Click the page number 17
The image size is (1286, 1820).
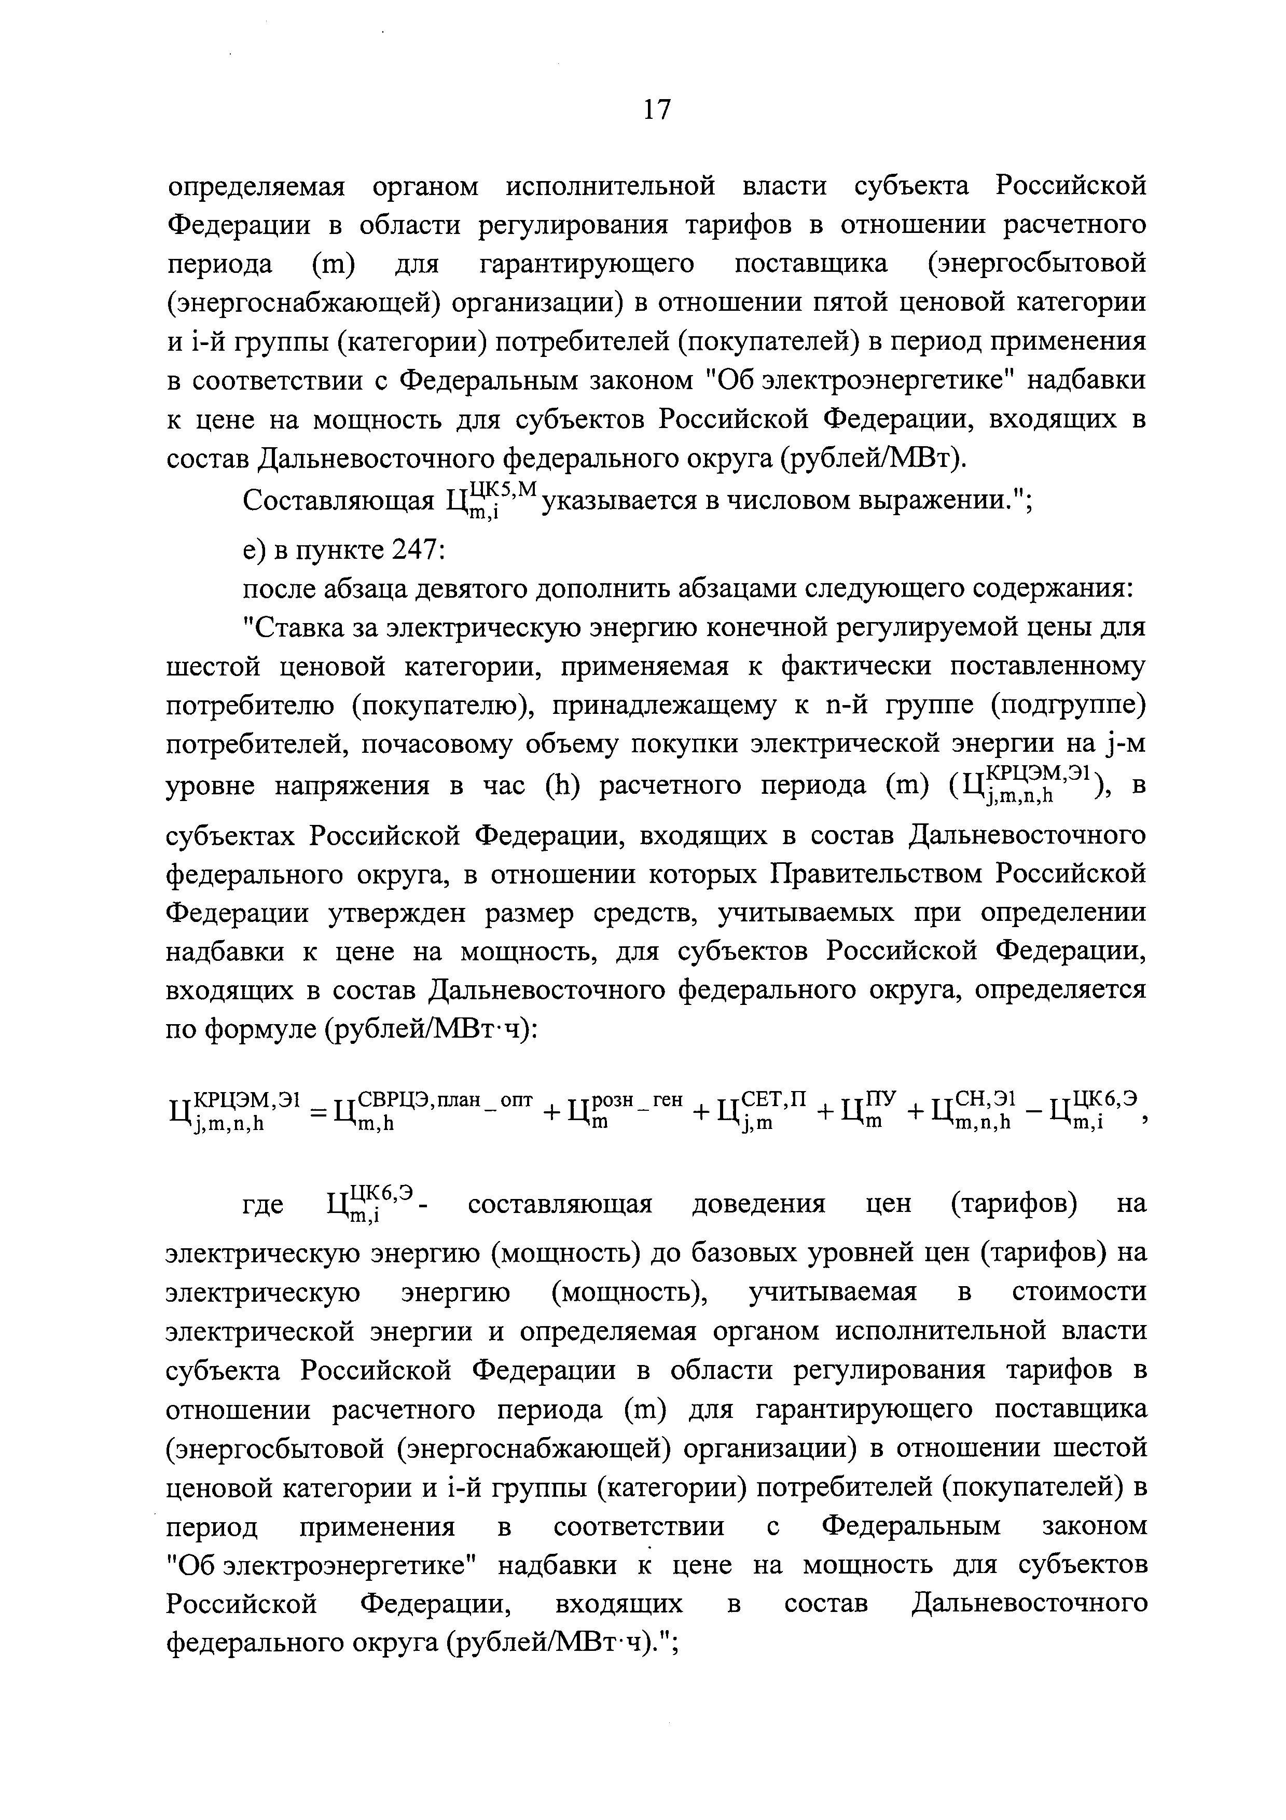click(657, 108)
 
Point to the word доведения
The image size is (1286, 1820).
click(758, 1205)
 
